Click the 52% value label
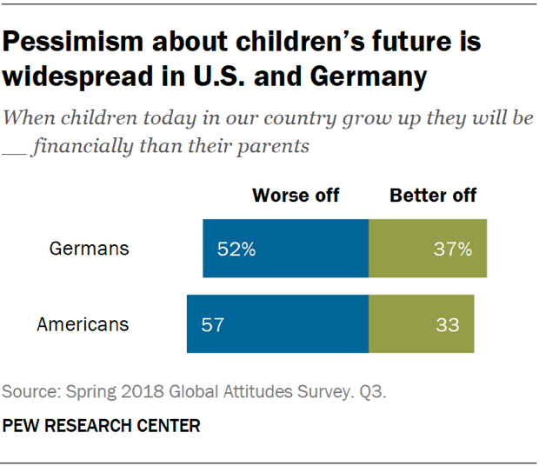pos(236,250)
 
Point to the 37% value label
pos(452,250)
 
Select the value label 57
pos(213,325)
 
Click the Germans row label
pos(89,249)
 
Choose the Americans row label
pos(83,324)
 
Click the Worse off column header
pos(296,195)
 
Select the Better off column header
pos(433,195)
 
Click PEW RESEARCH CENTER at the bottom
pos(102,426)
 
